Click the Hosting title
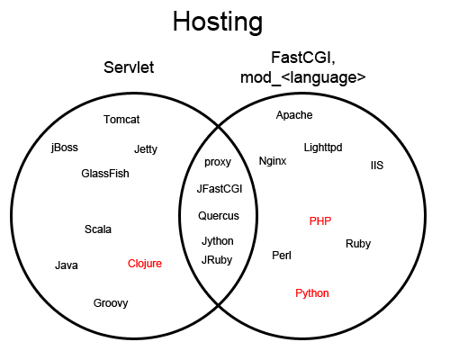(218, 22)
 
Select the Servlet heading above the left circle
(129, 67)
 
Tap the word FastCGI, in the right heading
(303, 58)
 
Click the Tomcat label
(121, 120)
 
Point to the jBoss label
(65, 148)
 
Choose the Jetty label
(146, 149)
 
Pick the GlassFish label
(105, 174)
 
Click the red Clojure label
(145, 264)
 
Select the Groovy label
(111, 303)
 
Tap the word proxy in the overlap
(218, 162)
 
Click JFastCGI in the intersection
(220, 189)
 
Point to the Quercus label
(219, 216)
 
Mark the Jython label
(218, 241)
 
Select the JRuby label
(217, 260)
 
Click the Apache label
(294, 115)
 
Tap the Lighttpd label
(323, 148)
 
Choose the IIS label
(377, 166)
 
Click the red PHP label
(320, 221)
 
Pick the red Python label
(312, 293)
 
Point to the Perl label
(282, 256)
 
